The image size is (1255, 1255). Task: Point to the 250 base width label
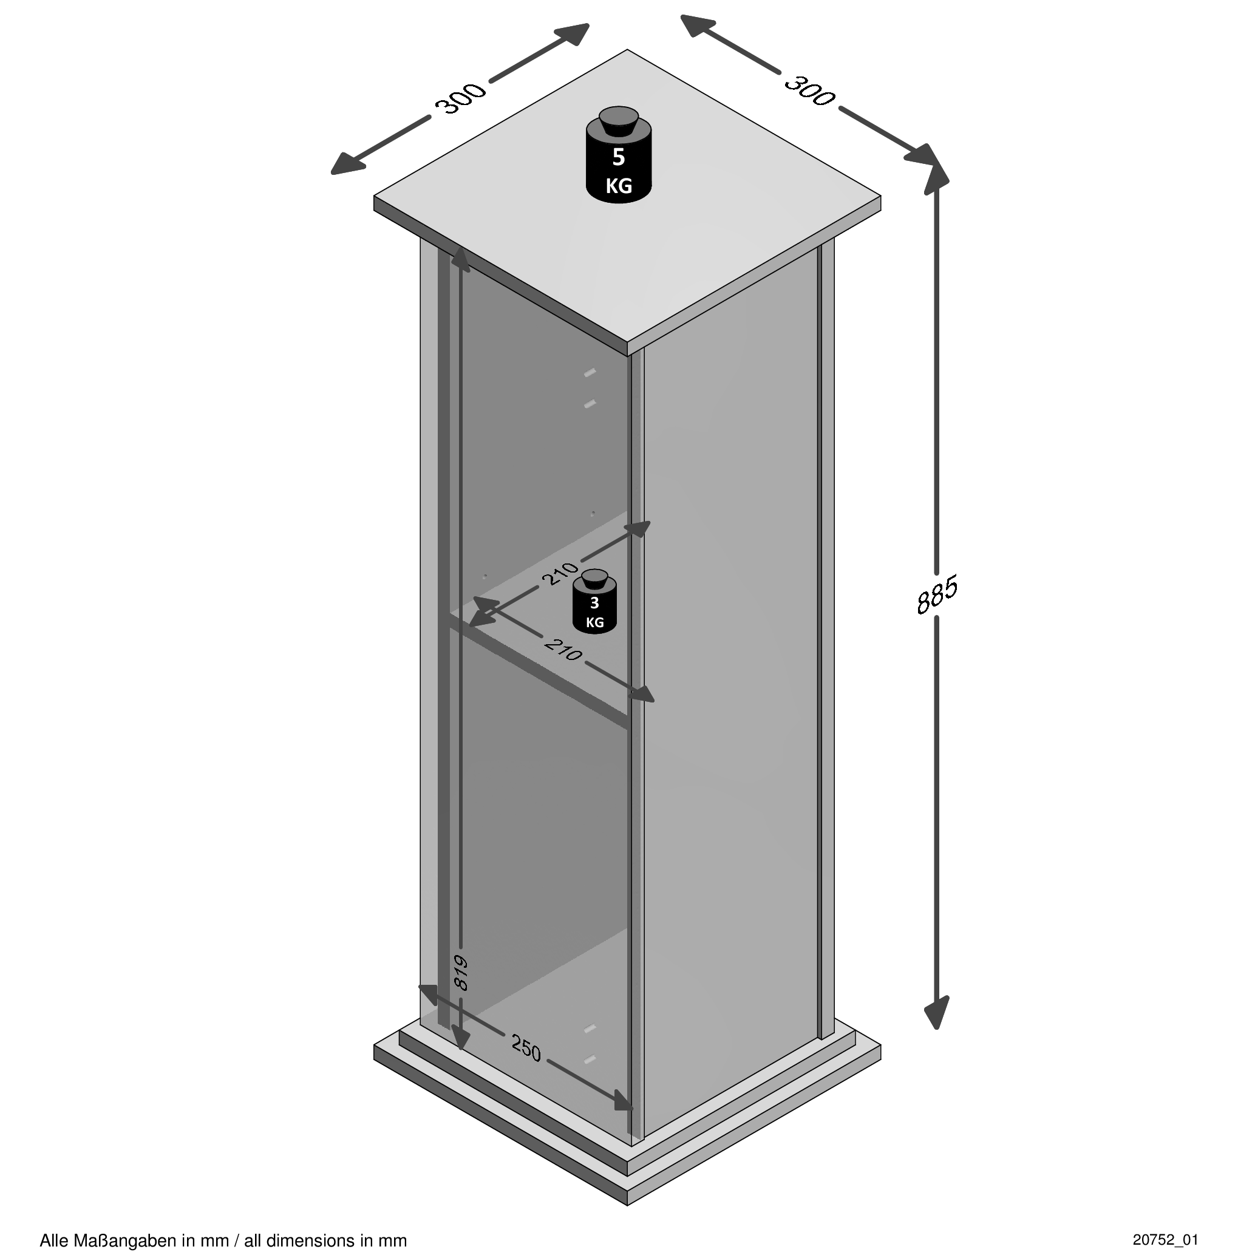click(x=526, y=1049)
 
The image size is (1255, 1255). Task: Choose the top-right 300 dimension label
click(x=809, y=90)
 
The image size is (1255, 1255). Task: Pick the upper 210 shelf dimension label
click(x=559, y=573)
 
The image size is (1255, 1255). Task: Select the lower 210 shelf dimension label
click(x=563, y=650)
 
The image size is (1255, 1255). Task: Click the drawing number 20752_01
click(x=1165, y=1239)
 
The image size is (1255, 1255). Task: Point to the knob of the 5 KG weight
click(x=619, y=122)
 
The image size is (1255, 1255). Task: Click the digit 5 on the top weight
click(x=619, y=157)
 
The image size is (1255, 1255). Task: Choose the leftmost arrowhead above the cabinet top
click(x=346, y=165)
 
